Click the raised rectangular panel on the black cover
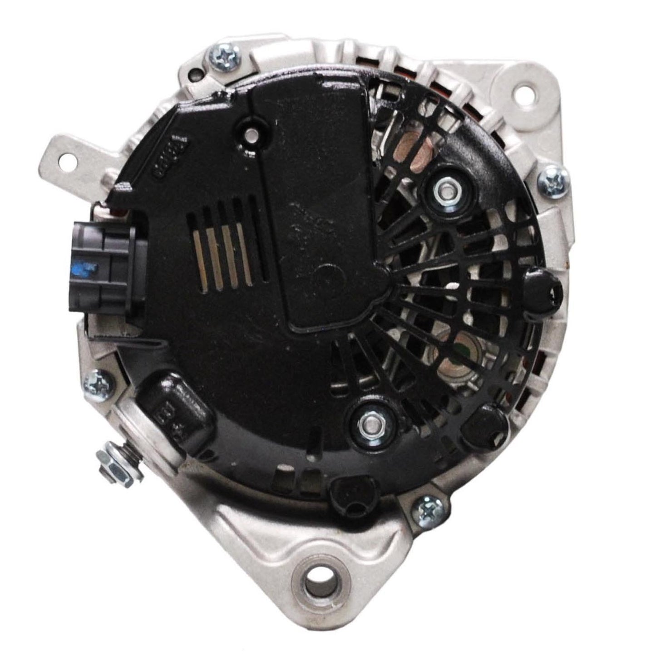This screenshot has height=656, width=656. click(318, 204)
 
